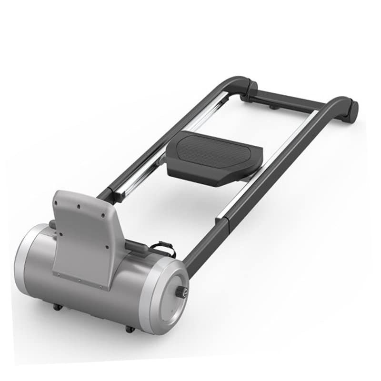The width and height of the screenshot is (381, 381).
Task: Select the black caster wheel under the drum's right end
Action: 129,329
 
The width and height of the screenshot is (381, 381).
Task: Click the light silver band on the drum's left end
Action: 24,260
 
